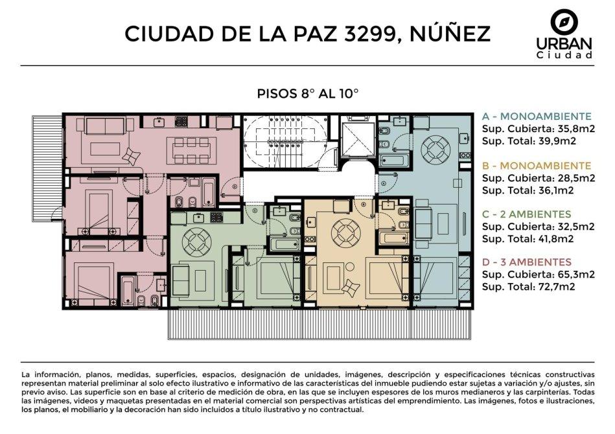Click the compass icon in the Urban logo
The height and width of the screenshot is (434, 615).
pos(564,22)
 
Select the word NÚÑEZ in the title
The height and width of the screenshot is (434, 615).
pos(450,32)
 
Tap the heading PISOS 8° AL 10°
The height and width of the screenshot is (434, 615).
pos(307,94)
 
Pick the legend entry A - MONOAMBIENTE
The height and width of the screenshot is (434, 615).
pos(537,117)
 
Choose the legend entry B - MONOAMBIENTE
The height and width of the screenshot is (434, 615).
pos(537,166)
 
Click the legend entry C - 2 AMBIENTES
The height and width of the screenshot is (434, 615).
pos(526,214)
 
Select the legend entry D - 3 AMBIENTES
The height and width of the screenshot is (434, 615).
pos(527,262)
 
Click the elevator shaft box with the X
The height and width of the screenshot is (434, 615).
pos(357,139)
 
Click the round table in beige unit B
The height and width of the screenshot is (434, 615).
pos(346,232)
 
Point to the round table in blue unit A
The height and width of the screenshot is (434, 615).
pos(436,149)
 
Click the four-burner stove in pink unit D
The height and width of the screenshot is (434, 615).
pos(181,121)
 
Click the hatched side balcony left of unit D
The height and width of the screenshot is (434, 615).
pos(47,168)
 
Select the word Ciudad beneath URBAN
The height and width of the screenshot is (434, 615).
pos(564,55)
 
